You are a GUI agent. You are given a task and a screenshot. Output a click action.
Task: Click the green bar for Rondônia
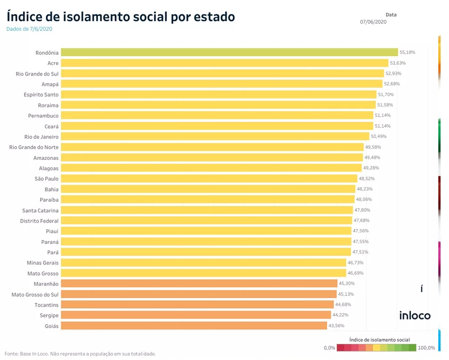(x=229, y=52)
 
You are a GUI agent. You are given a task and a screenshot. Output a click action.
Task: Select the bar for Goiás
(x=194, y=326)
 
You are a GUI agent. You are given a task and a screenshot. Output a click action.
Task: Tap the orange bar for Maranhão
(x=199, y=283)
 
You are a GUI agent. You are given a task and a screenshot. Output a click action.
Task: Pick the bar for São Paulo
(x=209, y=178)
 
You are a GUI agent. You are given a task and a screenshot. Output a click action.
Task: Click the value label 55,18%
(x=407, y=52)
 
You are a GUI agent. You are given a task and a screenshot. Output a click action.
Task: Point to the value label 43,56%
(x=337, y=326)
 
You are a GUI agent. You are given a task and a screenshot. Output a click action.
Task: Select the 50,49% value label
(x=379, y=136)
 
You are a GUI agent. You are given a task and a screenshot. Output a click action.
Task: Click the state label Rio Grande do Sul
(x=37, y=73)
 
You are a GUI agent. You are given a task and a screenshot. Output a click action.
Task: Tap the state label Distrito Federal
(x=39, y=221)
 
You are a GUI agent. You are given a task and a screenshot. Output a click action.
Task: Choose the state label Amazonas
(x=46, y=158)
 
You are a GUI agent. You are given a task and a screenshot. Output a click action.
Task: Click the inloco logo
(x=414, y=316)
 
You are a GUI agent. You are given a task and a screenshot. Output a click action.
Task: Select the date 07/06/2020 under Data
(x=373, y=22)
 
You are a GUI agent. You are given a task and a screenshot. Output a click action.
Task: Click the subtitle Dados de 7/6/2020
(x=29, y=29)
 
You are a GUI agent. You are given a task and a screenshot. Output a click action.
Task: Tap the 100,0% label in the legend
(x=426, y=348)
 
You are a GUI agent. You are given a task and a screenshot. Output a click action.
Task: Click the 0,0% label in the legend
(x=329, y=348)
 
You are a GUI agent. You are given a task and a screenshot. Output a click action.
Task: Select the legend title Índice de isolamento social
(x=380, y=340)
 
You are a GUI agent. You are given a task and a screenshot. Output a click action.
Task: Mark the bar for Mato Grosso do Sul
(x=199, y=294)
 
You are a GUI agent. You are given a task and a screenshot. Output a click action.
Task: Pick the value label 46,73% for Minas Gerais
(x=355, y=263)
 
